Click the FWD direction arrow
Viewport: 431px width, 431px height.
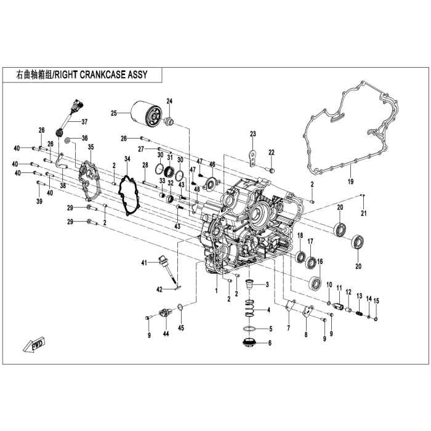34,345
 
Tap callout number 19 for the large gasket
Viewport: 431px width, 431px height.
351,182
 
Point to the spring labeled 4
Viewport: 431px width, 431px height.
249,308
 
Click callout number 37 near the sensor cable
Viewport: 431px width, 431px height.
84,121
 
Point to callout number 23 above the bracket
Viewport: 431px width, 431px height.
253,134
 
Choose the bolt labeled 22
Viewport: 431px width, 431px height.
272,171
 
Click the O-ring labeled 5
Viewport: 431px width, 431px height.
249,329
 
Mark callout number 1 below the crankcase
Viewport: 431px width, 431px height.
216,290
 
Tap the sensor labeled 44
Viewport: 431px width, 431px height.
166,312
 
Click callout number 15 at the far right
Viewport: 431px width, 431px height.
376,301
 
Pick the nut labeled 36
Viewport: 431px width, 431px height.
68,141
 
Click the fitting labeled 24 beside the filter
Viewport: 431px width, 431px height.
169,122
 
